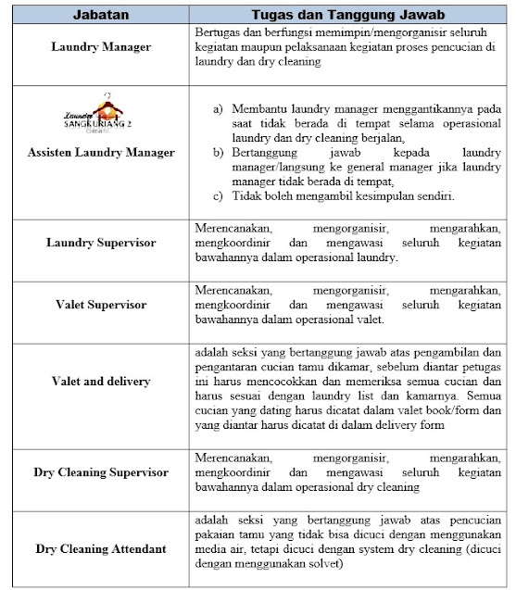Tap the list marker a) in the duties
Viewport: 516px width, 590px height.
click(x=218, y=109)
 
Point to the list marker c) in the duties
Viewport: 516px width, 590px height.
click(x=218, y=196)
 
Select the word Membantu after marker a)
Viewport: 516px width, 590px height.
click(x=261, y=109)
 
